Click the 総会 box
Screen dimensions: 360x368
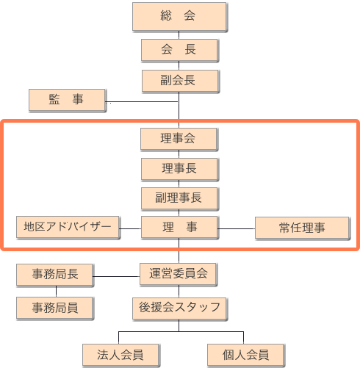pyautogui.click(x=179, y=17)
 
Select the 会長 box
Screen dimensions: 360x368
pyautogui.click(x=179, y=50)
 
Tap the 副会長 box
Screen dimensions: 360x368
pyautogui.click(x=180, y=81)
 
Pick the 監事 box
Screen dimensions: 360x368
pyautogui.click(x=67, y=100)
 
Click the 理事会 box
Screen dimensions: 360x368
pyautogui.click(x=179, y=139)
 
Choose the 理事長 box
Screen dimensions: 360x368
pyautogui.click(x=179, y=169)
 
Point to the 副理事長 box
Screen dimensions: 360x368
pyautogui.click(x=179, y=198)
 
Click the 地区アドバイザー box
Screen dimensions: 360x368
pyautogui.click(x=68, y=227)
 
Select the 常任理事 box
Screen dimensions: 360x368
pyautogui.click(x=302, y=228)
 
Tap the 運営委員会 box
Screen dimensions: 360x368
pyautogui.click(x=178, y=274)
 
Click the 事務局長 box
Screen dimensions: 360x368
pyautogui.click(x=54, y=275)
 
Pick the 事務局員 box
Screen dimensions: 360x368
pyautogui.click(x=54, y=308)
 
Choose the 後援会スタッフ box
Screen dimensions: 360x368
pyautogui.click(x=179, y=309)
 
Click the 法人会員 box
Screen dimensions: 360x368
pyautogui.click(x=120, y=355)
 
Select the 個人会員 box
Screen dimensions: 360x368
pyautogui.click(x=245, y=355)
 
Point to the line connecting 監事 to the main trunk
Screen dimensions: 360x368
pyautogui.click(x=142, y=101)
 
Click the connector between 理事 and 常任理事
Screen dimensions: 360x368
pyautogui.click(x=237, y=228)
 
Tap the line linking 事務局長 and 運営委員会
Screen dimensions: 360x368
pyautogui.click(x=116, y=276)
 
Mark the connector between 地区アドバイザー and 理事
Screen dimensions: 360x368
pyautogui.click(x=130, y=228)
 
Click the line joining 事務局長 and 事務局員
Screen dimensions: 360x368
pyautogui.click(x=56, y=292)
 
